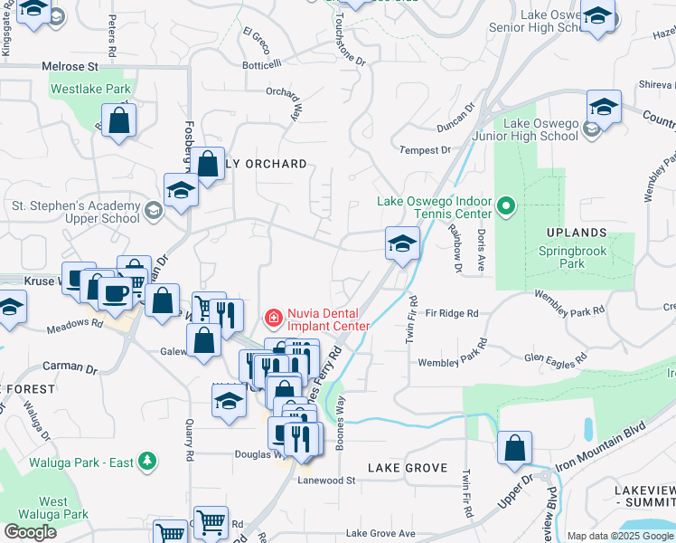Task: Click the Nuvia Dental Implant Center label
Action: pyautogui.click(x=328, y=320)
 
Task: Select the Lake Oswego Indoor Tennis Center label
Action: pyautogui.click(x=435, y=207)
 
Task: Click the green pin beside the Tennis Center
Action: pyautogui.click(x=506, y=208)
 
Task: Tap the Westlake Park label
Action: pyautogui.click(x=90, y=90)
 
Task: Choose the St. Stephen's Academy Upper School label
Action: pyautogui.click(x=76, y=212)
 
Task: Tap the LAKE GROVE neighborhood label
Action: pyautogui.click(x=408, y=468)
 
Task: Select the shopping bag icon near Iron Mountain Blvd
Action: pyautogui.click(x=514, y=447)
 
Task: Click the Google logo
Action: pyautogui.click(x=30, y=532)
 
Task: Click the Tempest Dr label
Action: pyautogui.click(x=425, y=150)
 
